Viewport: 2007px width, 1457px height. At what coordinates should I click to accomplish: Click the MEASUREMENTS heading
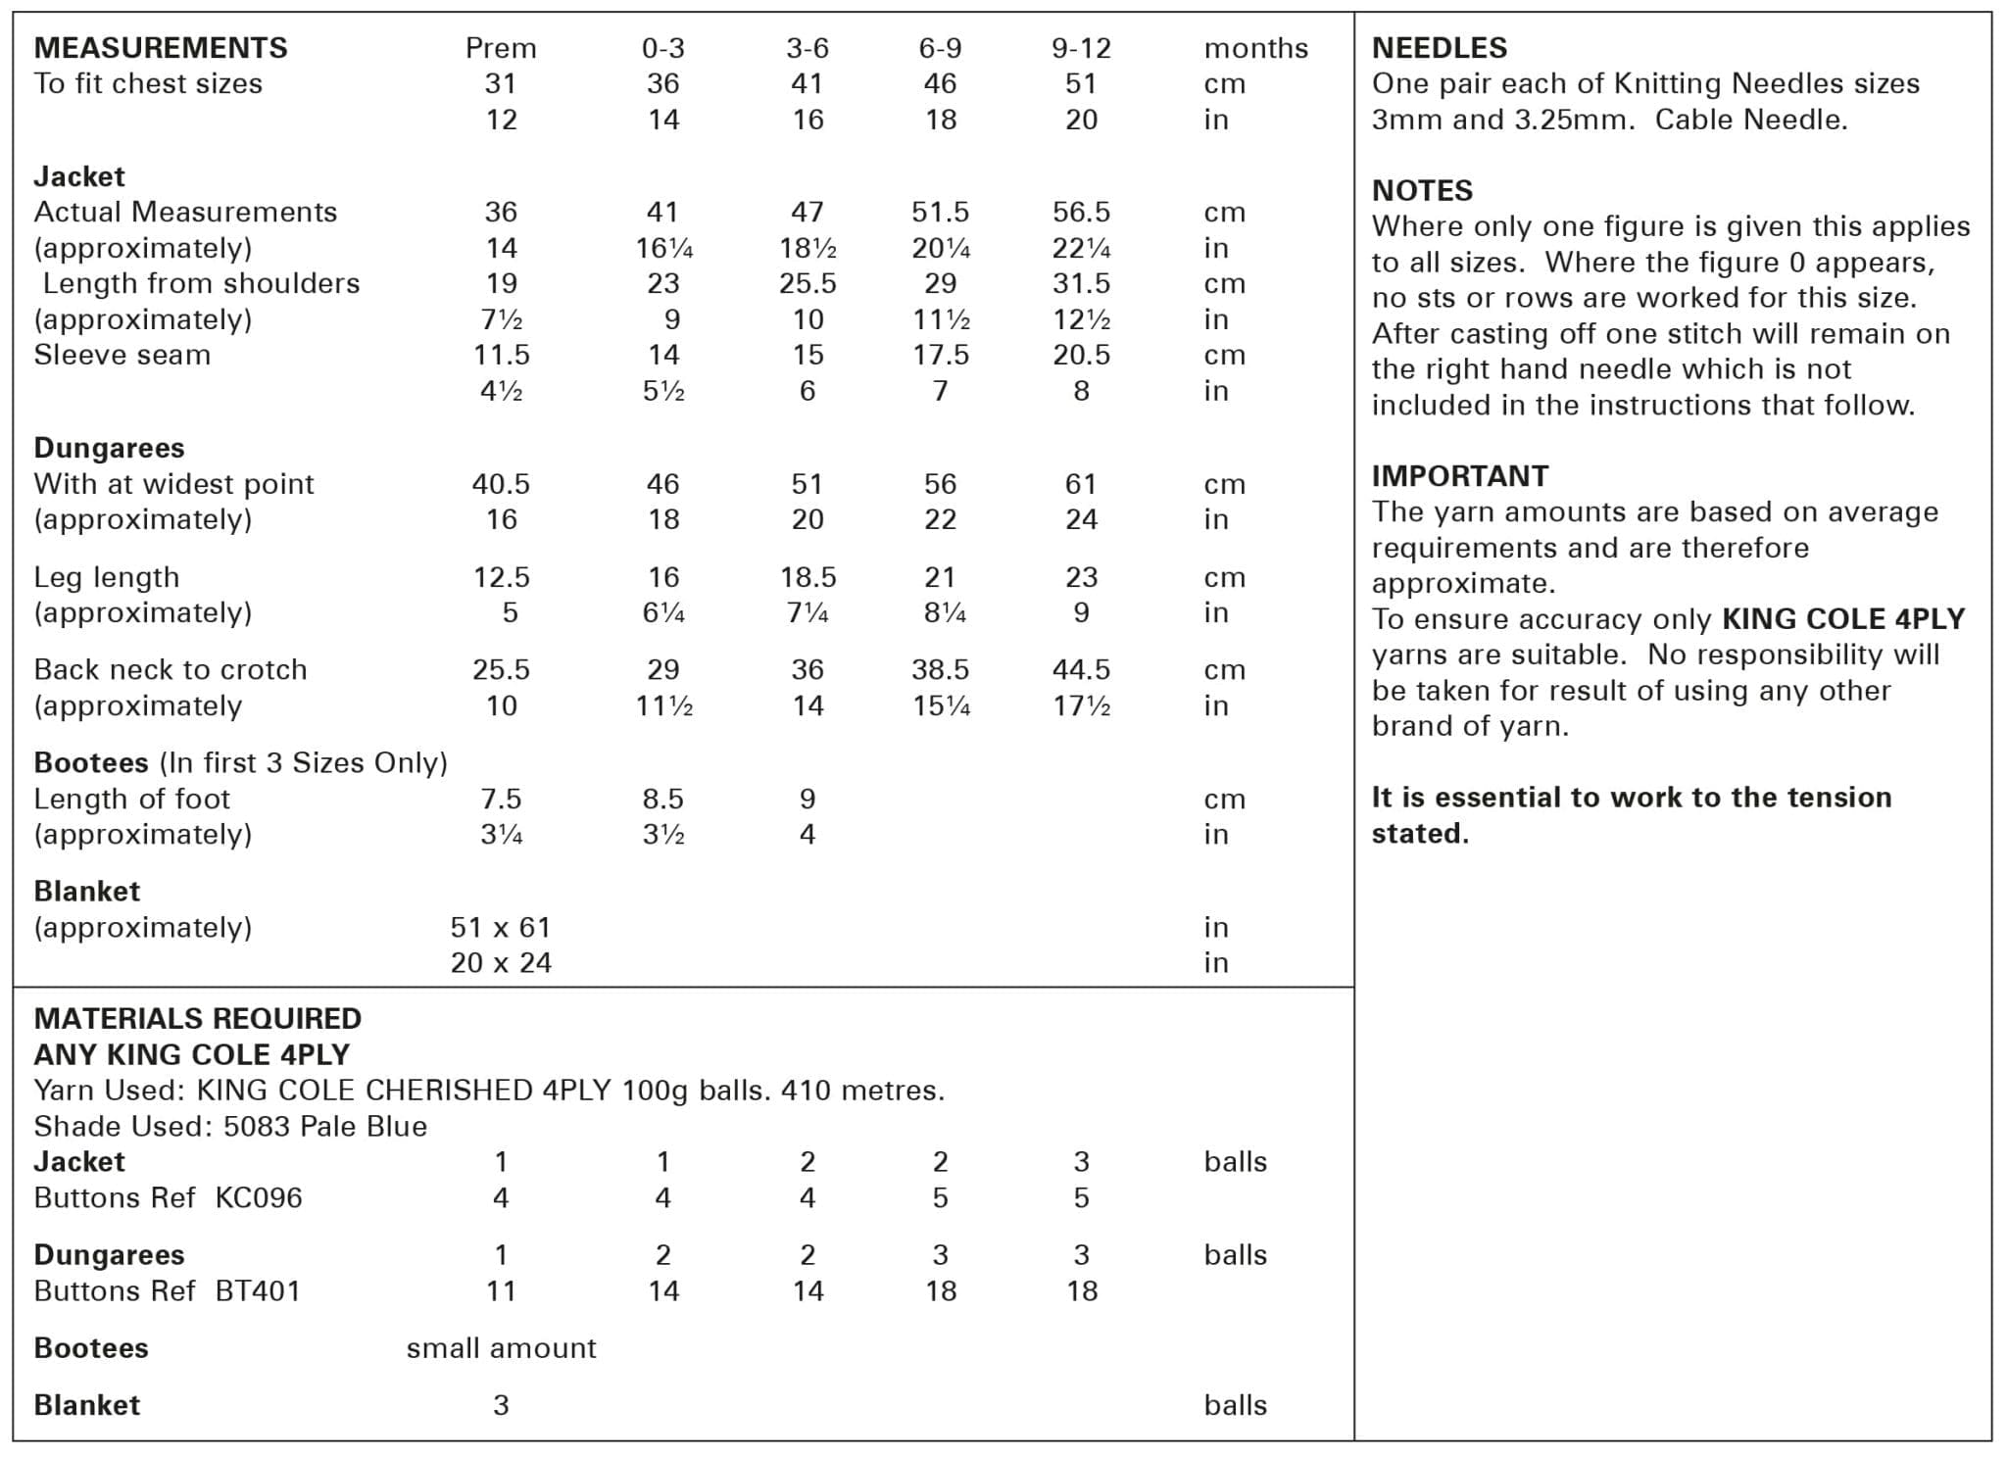(x=161, y=48)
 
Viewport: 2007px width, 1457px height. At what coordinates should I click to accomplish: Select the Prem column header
(x=501, y=48)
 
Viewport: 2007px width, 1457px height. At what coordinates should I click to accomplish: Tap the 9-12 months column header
(x=1081, y=48)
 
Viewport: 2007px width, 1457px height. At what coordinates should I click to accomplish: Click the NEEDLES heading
(x=1439, y=48)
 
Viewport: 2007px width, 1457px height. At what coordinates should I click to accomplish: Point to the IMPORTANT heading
(x=1459, y=476)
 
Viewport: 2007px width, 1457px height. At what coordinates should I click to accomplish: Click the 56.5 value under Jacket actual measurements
(x=1081, y=212)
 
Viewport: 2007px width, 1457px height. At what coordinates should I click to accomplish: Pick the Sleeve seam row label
(x=122, y=355)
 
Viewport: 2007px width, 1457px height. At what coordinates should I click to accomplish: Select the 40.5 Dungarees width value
(x=501, y=484)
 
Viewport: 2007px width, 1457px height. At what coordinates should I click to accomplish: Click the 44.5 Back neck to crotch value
(x=1081, y=670)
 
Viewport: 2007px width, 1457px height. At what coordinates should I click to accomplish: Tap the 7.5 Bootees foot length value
(x=501, y=800)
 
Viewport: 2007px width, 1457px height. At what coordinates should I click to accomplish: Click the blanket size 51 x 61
(x=501, y=927)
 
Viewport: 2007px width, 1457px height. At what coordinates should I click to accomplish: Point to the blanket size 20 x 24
(x=501, y=963)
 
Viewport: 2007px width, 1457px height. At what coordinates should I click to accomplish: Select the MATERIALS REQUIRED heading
(x=198, y=1019)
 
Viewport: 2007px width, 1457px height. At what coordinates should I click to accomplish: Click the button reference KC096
(x=259, y=1198)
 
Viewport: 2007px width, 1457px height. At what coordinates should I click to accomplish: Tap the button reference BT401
(x=258, y=1291)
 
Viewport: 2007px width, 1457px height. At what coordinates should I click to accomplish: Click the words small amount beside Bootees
(x=501, y=1349)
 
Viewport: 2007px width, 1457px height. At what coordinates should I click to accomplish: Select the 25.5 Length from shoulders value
(x=808, y=284)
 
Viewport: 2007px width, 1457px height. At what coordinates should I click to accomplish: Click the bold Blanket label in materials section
(x=87, y=1406)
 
